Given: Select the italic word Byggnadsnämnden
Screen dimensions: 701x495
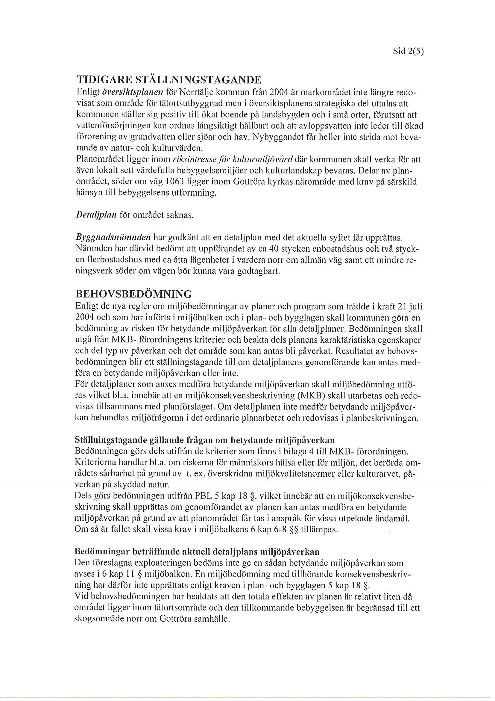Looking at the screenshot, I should [x=113, y=237].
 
